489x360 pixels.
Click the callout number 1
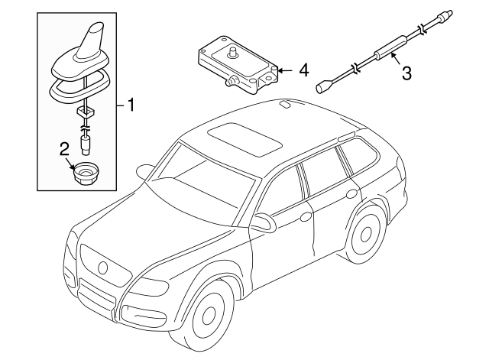pos(131,105)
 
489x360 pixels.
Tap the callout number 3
pos(406,73)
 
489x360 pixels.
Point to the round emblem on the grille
pos(101,266)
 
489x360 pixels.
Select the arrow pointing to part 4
pos(284,70)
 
